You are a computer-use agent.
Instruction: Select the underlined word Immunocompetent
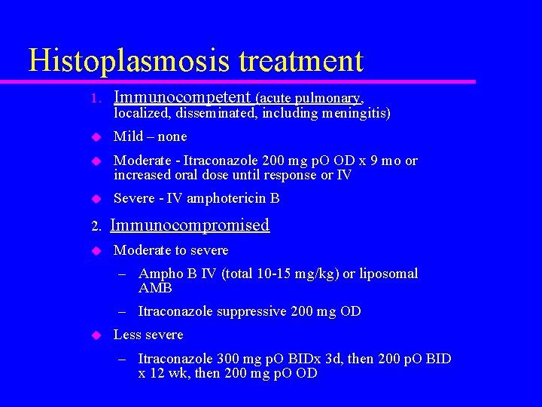point(181,96)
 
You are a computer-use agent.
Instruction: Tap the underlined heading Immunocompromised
point(190,225)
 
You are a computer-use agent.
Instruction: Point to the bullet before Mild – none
point(96,137)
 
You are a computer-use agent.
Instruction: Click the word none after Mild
point(173,136)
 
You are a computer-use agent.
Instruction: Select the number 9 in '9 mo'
point(374,161)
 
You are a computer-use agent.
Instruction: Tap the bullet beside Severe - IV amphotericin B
point(96,199)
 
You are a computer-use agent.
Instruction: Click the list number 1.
point(94,99)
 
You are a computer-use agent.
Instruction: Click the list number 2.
point(94,226)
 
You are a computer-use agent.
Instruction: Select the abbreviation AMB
point(156,288)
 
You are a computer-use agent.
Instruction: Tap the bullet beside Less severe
point(96,335)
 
